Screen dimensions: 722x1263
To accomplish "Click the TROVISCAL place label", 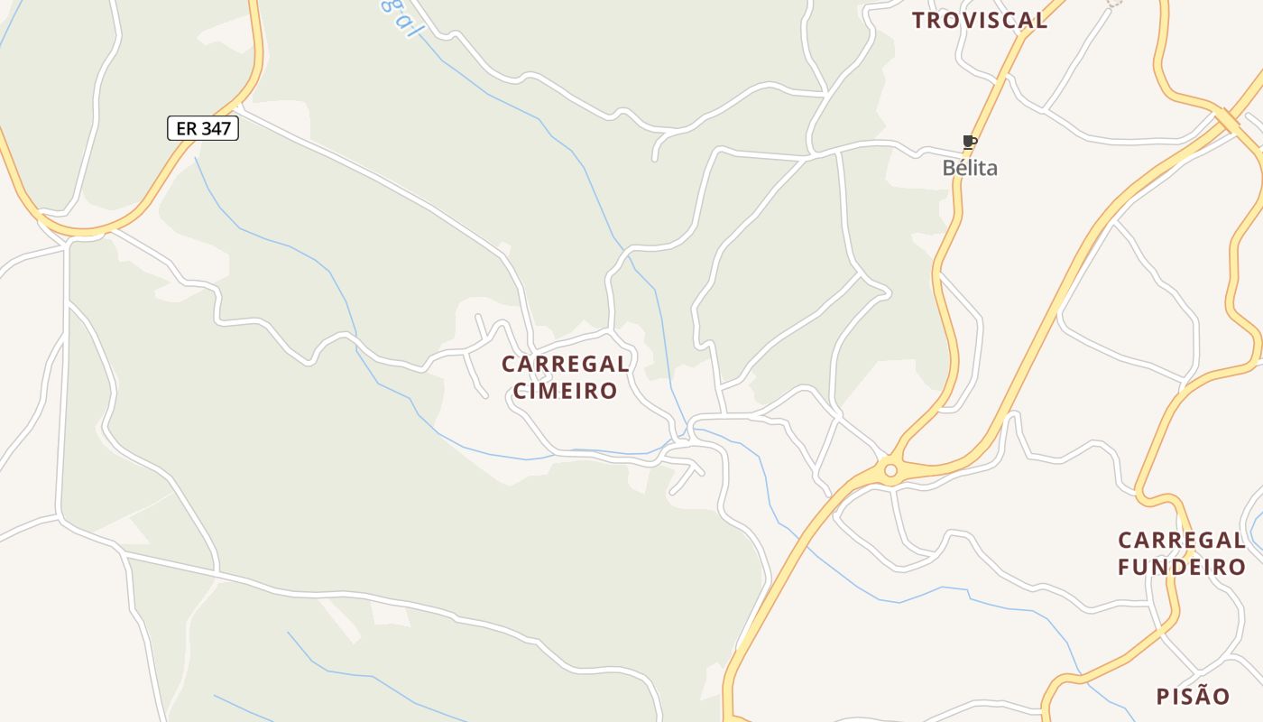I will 980,20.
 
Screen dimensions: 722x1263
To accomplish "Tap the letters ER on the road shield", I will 186,128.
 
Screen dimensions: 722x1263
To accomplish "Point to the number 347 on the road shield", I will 216,128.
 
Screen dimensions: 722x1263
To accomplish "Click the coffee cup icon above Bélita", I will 970,143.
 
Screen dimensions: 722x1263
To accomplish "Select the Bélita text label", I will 970,168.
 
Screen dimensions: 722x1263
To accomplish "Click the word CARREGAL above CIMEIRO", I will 566,365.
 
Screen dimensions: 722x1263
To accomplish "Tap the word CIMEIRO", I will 566,391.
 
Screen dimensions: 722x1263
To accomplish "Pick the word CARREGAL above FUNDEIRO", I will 1182,541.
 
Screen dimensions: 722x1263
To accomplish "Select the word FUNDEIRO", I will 1182,567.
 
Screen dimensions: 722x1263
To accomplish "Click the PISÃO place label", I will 1193,697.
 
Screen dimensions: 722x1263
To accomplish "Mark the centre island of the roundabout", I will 891,470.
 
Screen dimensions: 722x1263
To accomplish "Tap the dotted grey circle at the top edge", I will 1115,3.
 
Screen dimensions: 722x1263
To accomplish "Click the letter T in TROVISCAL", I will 918,20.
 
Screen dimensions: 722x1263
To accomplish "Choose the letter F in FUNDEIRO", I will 1124,567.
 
